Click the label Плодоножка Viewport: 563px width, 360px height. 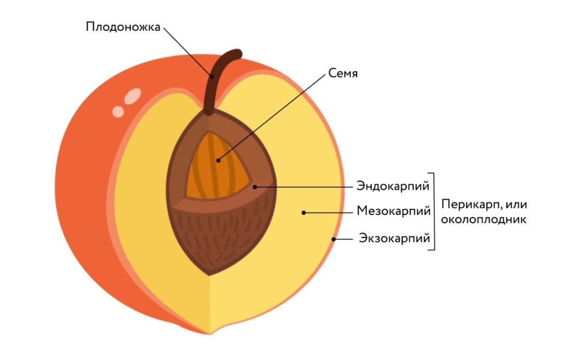(x=123, y=27)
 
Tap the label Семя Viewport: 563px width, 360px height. (x=343, y=74)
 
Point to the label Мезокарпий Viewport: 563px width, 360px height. (x=394, y=211)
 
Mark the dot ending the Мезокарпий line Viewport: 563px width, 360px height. (x=304, y=212)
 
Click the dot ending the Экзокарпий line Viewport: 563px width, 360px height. (x=333, y=239)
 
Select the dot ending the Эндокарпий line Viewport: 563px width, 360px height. (x=255, y=186)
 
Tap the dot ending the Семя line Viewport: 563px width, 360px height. (x=218, y=160)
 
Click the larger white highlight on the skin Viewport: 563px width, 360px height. (x=133, y=95)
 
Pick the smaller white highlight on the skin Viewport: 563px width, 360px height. (x=119, y=111)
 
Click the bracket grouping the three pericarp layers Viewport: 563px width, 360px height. (x=433, y=211)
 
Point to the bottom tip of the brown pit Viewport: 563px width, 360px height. (x=209, y=274)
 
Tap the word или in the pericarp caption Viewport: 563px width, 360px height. (x=516, y=205)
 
